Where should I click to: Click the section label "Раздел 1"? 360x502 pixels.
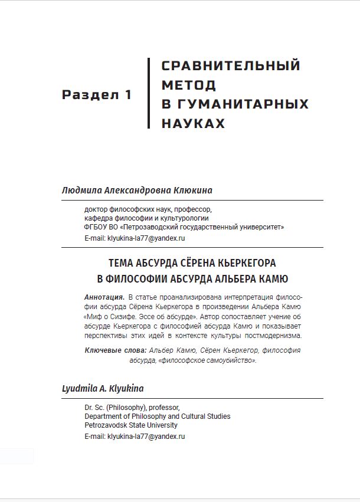pos(97,95)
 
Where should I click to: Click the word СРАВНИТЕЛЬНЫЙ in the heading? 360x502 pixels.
pos(231,65)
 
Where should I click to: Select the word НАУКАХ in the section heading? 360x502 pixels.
pos(193,123)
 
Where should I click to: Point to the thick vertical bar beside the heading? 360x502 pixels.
pos(149,93)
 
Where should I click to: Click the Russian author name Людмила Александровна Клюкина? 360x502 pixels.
pos(137,190)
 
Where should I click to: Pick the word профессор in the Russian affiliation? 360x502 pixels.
pos(192,209)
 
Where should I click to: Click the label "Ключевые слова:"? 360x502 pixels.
pos(116,350)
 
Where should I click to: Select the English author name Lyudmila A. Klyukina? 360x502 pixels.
pos(103,389)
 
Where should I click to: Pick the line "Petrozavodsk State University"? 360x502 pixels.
pos(131,425)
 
